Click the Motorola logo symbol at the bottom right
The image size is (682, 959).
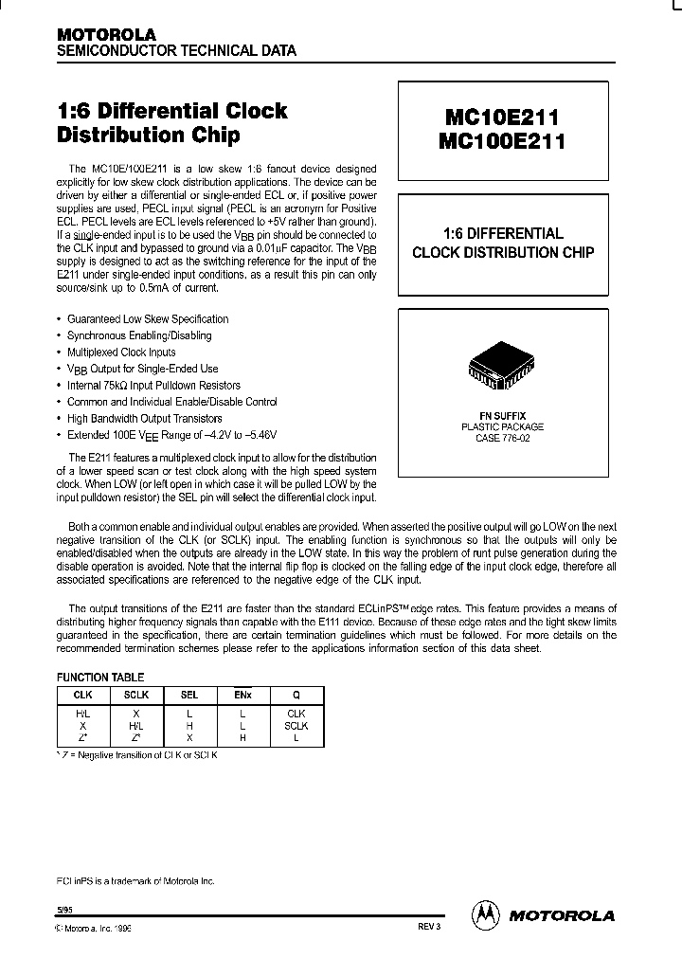(x=486, y=914)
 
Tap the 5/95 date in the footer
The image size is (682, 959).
(x=64, y=910)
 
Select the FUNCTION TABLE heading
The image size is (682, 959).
(x=100, y=678)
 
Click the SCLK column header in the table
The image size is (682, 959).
(x=137, y=695)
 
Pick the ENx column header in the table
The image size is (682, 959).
(x=242, y=695)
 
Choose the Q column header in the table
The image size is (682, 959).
(x=296, y=695)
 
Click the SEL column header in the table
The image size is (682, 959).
(x=190, y=695)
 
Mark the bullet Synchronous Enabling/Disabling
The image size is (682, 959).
(x=139, y=335)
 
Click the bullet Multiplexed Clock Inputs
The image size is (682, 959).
(x=121, y=352)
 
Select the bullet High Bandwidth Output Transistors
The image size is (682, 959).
(x=145, y=418)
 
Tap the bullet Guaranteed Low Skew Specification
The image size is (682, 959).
(x=148, y=319)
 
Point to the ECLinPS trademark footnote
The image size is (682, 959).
(x=136, y=880)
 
